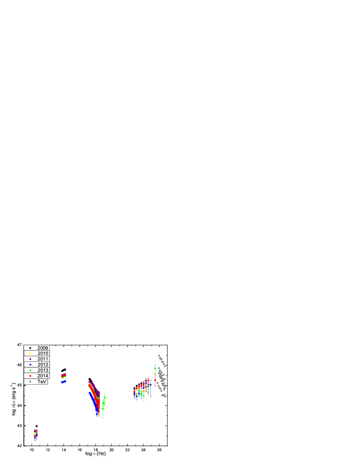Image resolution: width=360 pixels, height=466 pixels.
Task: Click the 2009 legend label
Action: pos(43,348)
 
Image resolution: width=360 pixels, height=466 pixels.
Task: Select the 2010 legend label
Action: pos(43,354)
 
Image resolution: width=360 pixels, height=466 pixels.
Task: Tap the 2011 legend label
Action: pos(43,359)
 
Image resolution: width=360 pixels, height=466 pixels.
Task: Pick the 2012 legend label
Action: pos(43,365)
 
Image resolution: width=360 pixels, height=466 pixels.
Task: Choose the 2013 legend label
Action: pos(43,371)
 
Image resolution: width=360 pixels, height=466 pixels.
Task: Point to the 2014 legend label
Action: pos(43,376)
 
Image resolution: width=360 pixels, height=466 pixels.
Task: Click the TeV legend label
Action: pos(42,382)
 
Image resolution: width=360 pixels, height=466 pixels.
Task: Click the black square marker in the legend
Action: pos(30,348)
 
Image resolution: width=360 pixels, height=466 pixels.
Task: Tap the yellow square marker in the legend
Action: pos(30,354)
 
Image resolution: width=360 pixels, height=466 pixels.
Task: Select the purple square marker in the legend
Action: pos(30,359)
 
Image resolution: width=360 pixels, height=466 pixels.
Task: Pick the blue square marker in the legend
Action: pos(30,365)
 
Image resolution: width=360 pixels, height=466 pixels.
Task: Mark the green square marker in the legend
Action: pos(30,371)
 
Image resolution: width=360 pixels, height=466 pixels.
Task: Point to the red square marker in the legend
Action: pos(30,376)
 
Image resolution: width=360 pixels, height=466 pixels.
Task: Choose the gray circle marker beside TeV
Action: pos(30,382)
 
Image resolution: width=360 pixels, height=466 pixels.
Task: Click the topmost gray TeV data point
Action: pos(159,356)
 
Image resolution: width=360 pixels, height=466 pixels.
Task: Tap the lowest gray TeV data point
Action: pos(165,396)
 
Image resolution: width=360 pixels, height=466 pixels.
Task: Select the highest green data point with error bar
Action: pos(155,366)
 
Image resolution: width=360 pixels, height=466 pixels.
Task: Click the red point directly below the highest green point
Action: pos(155,380)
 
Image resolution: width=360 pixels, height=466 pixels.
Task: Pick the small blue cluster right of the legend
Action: pos(64,381)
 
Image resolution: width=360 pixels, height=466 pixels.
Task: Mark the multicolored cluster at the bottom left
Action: pos(35,435)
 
